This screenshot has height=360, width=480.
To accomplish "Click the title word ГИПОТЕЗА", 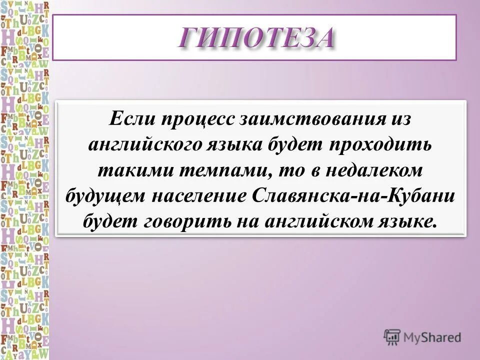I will click(x=255, y=38).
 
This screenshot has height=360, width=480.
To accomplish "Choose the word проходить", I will click(x=379, y=145).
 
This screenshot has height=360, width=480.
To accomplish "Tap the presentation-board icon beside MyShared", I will click(x=392, y=337).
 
